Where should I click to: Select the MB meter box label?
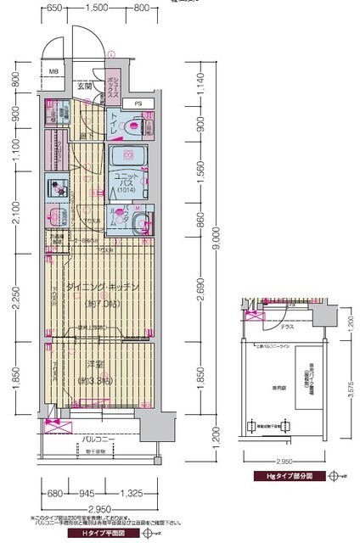[x=53, y=73]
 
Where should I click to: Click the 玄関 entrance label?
[x=84, y=86]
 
